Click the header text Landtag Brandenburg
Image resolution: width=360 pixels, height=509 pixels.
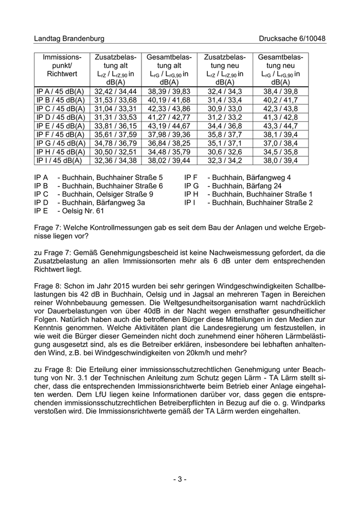69,39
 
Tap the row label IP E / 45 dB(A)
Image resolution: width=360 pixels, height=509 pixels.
60,125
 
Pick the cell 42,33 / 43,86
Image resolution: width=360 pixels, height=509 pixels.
169,108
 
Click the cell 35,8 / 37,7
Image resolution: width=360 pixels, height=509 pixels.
225,134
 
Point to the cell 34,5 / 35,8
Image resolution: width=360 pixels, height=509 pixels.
280,152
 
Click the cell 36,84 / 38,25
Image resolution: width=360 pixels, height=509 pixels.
169,143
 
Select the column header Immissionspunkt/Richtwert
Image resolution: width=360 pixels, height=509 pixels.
62,65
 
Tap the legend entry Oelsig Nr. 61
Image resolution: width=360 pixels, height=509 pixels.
82,211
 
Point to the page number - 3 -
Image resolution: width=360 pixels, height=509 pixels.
179,479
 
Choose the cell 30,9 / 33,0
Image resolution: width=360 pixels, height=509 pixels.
225,108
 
